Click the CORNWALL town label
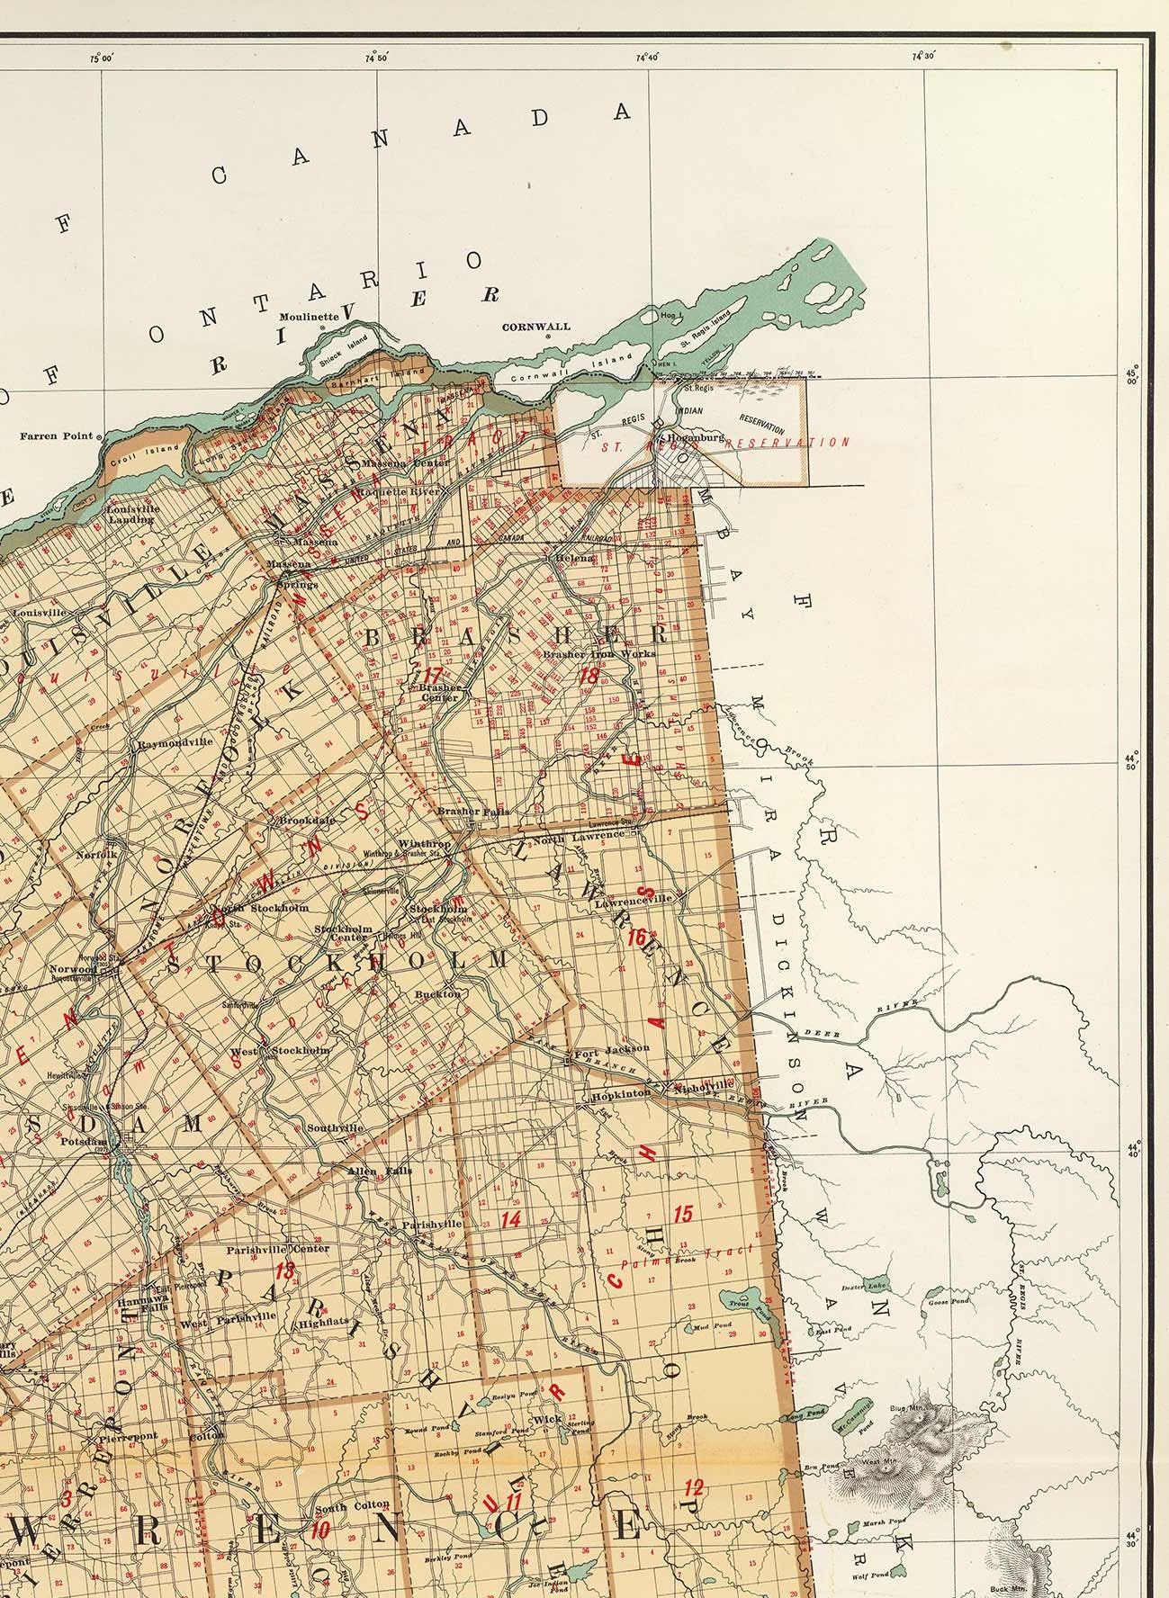[536, 328]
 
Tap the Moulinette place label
[309, 317]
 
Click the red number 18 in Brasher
[590, 677]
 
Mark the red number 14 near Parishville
[511, 1220]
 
